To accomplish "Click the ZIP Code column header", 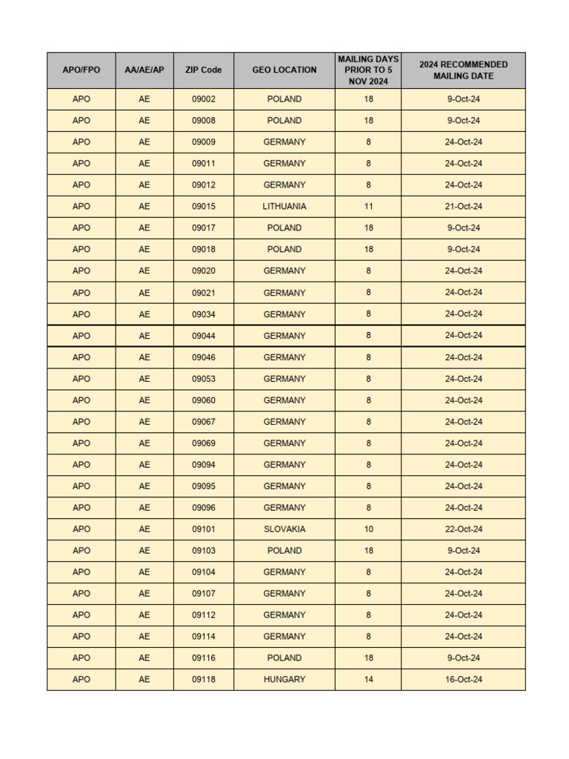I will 204,70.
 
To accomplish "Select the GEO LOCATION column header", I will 284,70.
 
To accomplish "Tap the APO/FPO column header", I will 81,70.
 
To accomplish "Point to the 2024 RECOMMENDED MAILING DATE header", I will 463,70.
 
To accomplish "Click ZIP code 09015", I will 204,207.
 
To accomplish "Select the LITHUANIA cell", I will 284,207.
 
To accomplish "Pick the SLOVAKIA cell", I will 284,529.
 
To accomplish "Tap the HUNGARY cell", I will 284,680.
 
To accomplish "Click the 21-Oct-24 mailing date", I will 463,207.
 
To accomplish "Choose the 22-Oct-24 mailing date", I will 463,529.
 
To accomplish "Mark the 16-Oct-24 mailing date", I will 463,680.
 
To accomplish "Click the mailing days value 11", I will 368,207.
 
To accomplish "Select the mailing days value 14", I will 368,680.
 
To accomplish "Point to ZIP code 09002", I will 204,99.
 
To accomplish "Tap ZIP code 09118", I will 204,680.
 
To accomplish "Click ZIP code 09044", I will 204,336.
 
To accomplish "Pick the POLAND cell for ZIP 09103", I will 284,551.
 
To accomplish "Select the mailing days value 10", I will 368,529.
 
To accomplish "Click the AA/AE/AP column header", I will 144,70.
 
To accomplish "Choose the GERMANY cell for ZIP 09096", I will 284,508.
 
